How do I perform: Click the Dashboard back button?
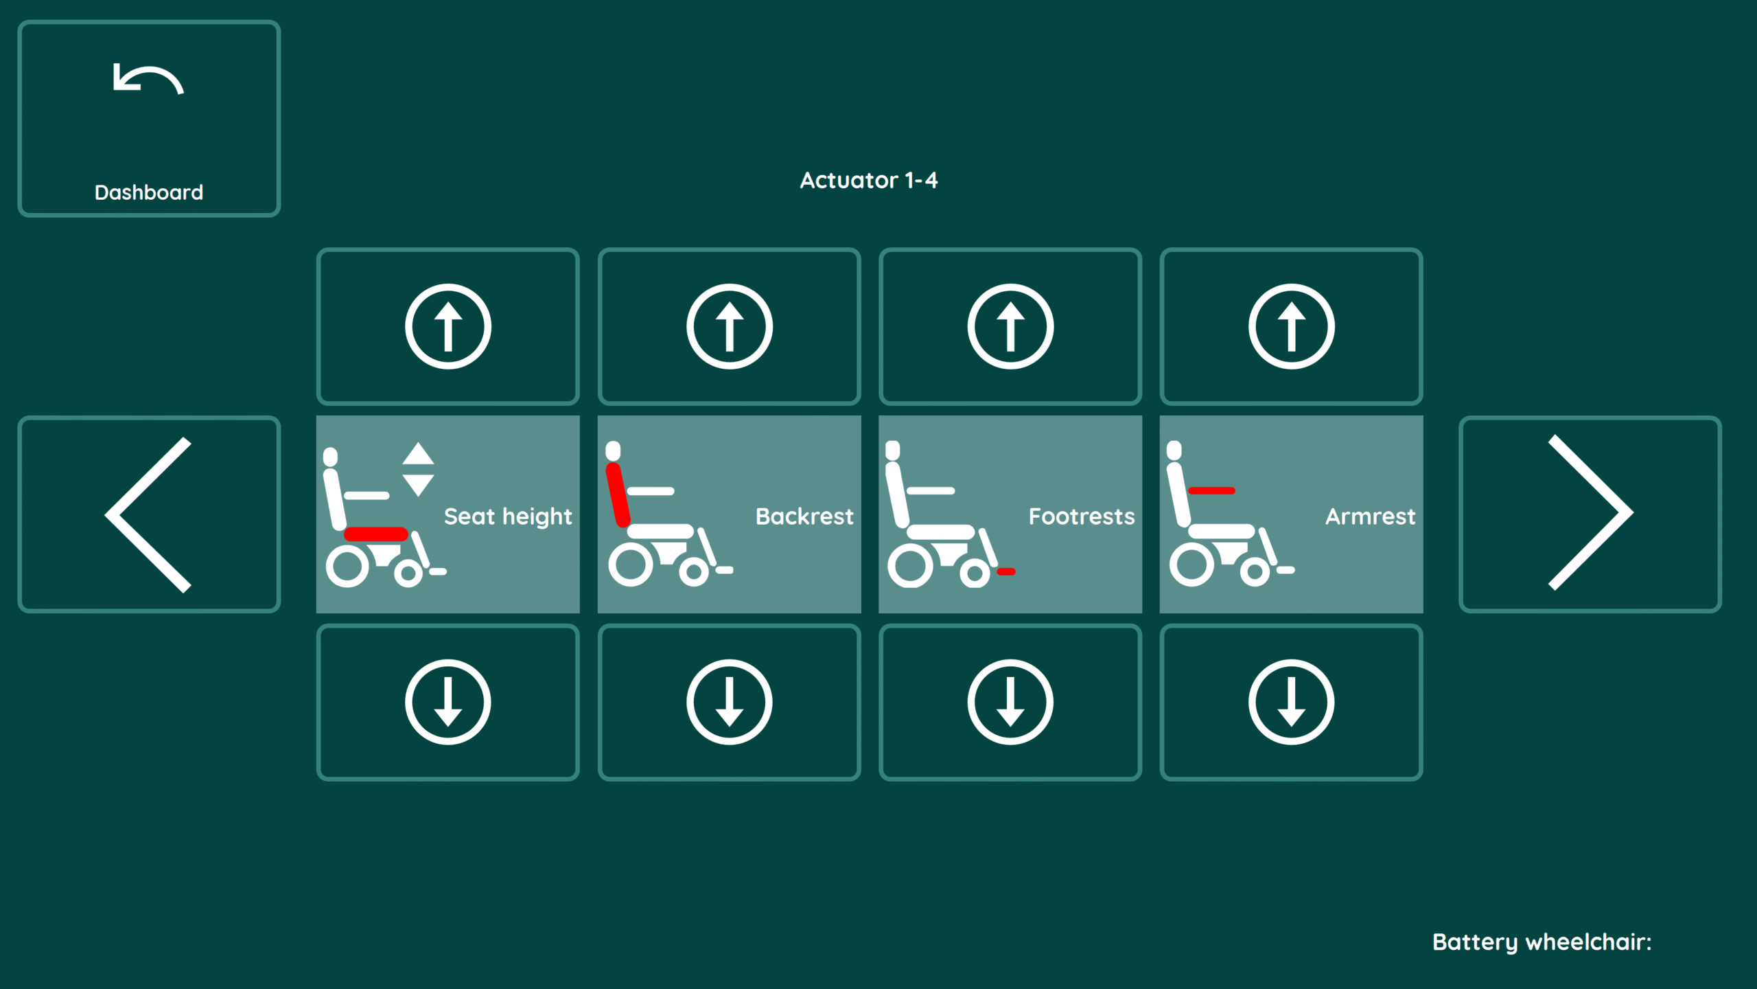pos(149,119)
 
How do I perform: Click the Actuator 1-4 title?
pos(868,180)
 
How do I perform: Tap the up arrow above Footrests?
pos(1010,326)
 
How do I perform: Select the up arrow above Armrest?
pos(1291,326)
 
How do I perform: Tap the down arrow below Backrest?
pos(729,702)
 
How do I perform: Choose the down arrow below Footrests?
pos(1010,702)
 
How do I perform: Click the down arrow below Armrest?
pos(1291,702)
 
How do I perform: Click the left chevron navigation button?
pos(149,514)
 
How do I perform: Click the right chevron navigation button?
pos(1590,514)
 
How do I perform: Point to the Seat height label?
pos(508,516)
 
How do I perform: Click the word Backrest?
pos(804,516)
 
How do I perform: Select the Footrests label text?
pos(1082,516)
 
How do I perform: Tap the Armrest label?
pos(1370,516)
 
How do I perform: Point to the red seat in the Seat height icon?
pos(376,534)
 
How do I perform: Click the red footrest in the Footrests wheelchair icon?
pos(1006,571)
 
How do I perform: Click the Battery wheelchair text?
pos(1541,942)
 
